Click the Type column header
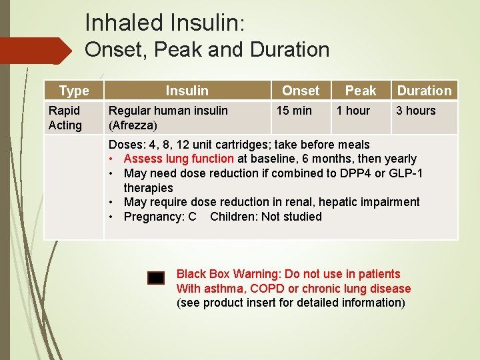click(x=73, y=91)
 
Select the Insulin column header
click(x=187, y=91)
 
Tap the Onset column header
click(x=301, y=91)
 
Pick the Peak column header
click(x=361, y=91)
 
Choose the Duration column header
click(x=424, y=91)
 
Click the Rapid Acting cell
click(x=65, y=118)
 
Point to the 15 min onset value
click(x=294, y=111)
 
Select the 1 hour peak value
click(x=353, y=111)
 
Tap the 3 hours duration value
click(x=415, y=111)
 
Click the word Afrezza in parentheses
click(x=133, y=125)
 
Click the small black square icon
click(x=156, y=279)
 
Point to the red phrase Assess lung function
click(x=179, y=159)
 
